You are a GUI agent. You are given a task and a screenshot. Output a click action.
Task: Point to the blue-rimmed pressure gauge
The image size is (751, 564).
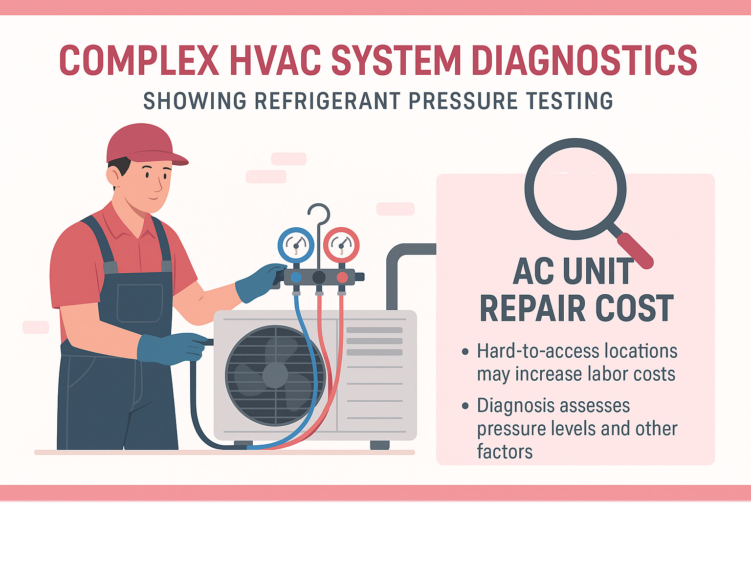pyautogui.click(x=296, y=245)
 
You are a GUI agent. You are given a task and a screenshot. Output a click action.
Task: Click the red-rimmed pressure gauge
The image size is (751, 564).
pyautogui.click(x=341, y=245)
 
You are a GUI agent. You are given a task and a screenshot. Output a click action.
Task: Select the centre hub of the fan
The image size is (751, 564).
pyautogui.click(x=275, y=375)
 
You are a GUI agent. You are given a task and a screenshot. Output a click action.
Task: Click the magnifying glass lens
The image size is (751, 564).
pyautogui.click(x=575, y=189)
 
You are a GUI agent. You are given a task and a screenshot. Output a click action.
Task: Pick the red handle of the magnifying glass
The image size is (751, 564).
pyautogui.click(x=636, y=251)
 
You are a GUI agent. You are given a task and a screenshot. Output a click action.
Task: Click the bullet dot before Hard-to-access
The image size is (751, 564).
pyautogui.click(x=465, y=351)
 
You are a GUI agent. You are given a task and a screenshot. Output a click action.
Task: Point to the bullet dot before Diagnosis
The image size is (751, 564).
pyautogui.click(x=465, y=406)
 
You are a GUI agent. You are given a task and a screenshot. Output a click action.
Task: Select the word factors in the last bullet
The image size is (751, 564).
pyautogui.click(x=505, y=452)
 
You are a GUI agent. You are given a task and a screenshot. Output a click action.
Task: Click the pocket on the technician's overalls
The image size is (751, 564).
pyautogui.click(x=140, y=303)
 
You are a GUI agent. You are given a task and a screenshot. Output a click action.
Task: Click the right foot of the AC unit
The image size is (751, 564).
pyautogui.click(x=379, y=445)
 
